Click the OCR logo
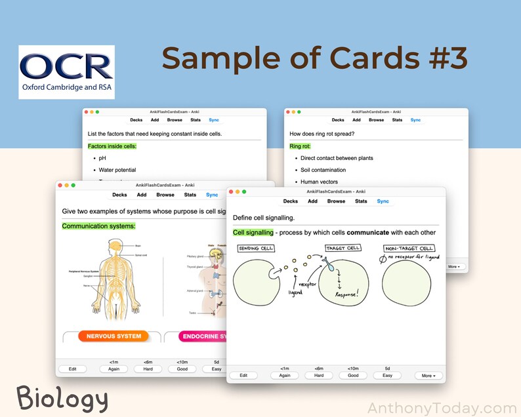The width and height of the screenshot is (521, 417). tap(66, 72)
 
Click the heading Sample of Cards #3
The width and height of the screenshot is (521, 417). tap(314, 58)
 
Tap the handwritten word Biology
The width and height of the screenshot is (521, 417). tap(62, 398)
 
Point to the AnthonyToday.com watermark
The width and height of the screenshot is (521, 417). tap(442, 408)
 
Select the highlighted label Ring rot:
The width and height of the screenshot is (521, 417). tap(300, 146)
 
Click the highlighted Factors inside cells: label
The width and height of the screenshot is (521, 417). tap(112, 146)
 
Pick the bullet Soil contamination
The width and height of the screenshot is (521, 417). tap(323, 170)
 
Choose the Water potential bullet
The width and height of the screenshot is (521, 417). tap(117, 170)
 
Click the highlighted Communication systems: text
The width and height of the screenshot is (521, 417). tap(98, 226)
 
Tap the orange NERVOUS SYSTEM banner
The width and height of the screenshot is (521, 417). tap(114, 336)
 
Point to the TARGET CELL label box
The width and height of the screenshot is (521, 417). tap(344, 248)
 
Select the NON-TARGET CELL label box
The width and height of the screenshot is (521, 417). tap(408, 248)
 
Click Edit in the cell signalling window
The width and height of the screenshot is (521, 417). tap(243, 376)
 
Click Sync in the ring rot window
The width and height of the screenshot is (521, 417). tap(415, 120)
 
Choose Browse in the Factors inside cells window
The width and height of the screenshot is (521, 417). tap(175, 120)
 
